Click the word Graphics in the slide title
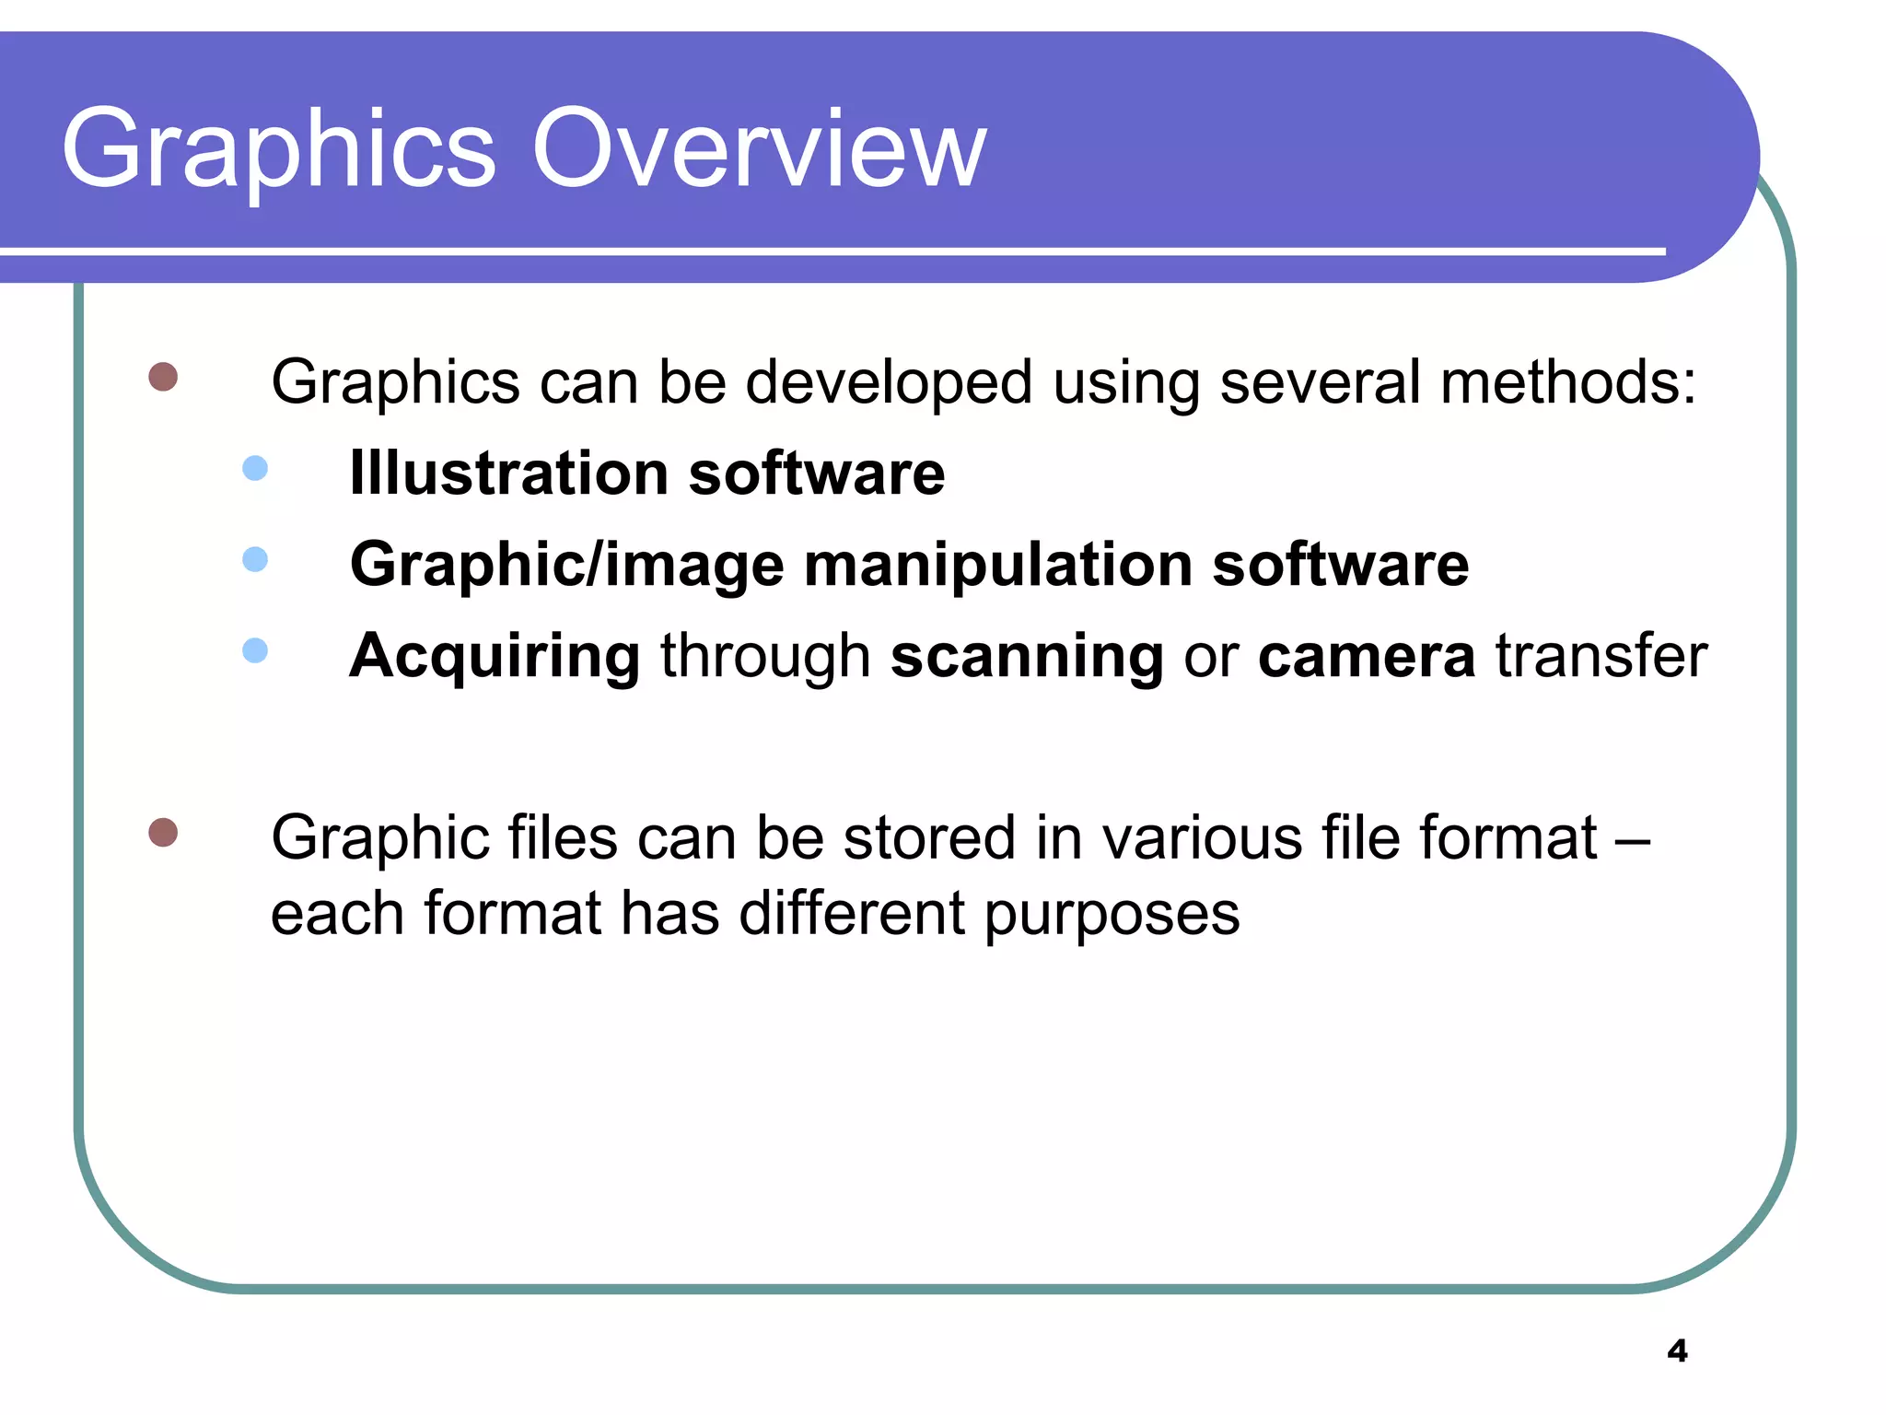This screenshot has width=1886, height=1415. coord(279,149)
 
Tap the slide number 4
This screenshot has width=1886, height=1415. coord(1677,1351)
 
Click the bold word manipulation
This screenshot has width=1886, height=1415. coord(998,564)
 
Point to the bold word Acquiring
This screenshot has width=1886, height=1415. coord(495,656)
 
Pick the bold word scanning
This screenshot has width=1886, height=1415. coord(1027,656)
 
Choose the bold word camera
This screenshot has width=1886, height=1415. coord(1367,656)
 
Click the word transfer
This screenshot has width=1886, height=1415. coord(1601,655)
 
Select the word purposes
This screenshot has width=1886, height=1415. coord(1112,915)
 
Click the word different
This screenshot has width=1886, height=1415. coord(853,913)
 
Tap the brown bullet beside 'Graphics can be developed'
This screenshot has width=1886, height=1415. coord(163,377)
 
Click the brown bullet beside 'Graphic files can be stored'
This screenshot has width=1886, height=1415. coord(163,832)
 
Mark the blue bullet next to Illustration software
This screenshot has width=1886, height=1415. coord(255,468)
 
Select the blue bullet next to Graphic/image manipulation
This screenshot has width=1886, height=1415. coord(255,559)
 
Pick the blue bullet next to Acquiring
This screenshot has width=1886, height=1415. coord(255,650)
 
